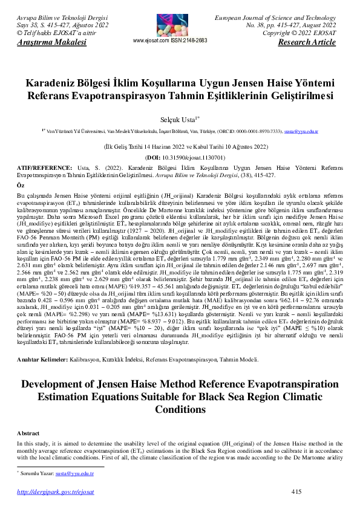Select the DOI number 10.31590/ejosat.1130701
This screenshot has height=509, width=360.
[185, 156]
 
